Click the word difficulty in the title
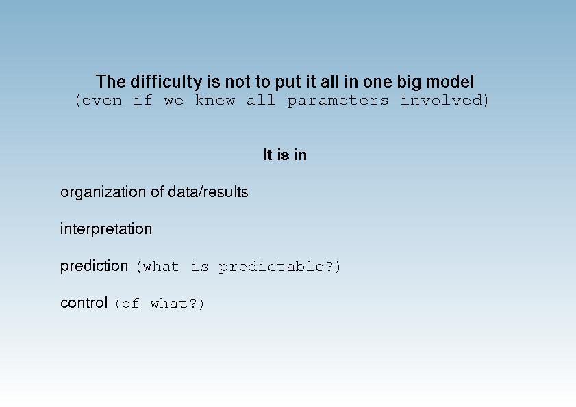coord(166,82)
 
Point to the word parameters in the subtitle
coord(338,101)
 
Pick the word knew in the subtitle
coord(215,100)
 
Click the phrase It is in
coord(285,155)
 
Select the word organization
coord(103,192)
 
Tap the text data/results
coord(208,192)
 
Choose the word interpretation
coord(106,229)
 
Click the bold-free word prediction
coord(94,266)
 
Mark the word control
coord(84,303)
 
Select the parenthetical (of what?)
coord(160,304)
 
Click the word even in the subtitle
coord(102,100)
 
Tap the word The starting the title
coord(110,81)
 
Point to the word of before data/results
coord(158,192)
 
